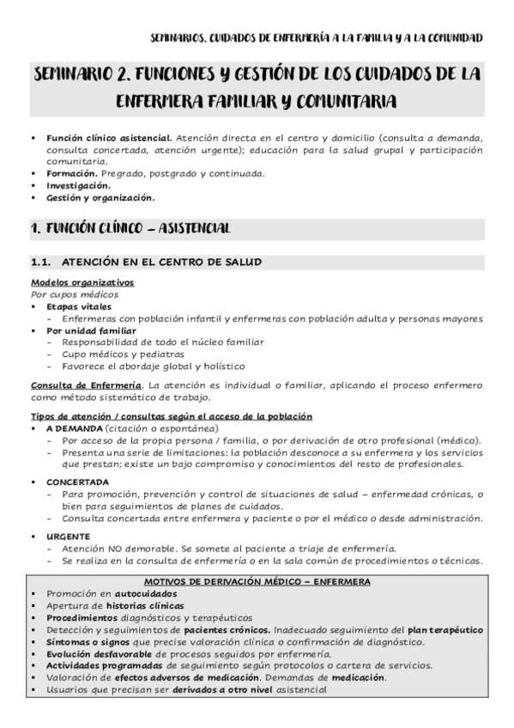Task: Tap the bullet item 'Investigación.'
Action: pyautogui.click(x=79, y=185)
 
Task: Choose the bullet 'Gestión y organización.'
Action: pyautogui.click(x=100, y=197)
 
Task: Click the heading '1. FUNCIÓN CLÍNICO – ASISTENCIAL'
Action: pyautogui.click(x=129, y=229)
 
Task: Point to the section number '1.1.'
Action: pyautogui.click(x=42, y=261)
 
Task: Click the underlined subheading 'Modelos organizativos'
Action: pyautogui.click(x=82, y=282)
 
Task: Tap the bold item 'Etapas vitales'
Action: pyautogui.click(x=79, y=306)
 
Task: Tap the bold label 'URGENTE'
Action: pyautogui.click(x=68, y=536)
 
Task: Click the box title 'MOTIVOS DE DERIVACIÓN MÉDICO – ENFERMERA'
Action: pyautogui.click(x=257, y=581)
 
